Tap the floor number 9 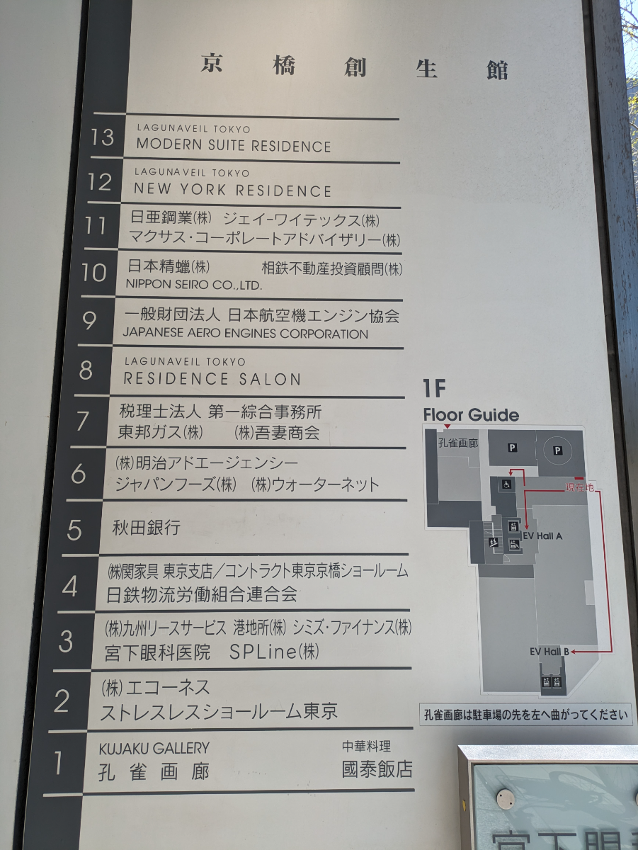pyautogui.click(x=89, y=320)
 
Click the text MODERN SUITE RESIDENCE pyautogui.click(x=233, y=146)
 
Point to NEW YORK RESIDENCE pyautogui.click(x=232, y=191)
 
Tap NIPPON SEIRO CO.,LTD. pyautogui.click(x=194, y=285)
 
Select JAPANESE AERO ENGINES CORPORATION pyautogui.click(x=245, y=334)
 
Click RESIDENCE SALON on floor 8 pyautogui.click(x=212, y=379)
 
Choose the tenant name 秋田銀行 pyautogui.click(x=147, y=528)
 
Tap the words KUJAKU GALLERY pyautogui.click(x=154, y=748)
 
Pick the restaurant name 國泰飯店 pyautogui.click(x=377, y=769)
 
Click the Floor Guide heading pyautogui.click(x=471, y=415)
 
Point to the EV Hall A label pyautogui.click(x=542, y=536)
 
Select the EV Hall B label pyautogui.click(x=549, y=651)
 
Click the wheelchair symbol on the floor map pyautogui.click(x=506, y=484)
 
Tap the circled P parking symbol pyautogui.click(x=557, y=450)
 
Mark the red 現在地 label pyautogui.click(x=579, y=487)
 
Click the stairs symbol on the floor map pyautogui.click(x=493, y=542)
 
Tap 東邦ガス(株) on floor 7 pyautogui.click(x=160, y=432)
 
